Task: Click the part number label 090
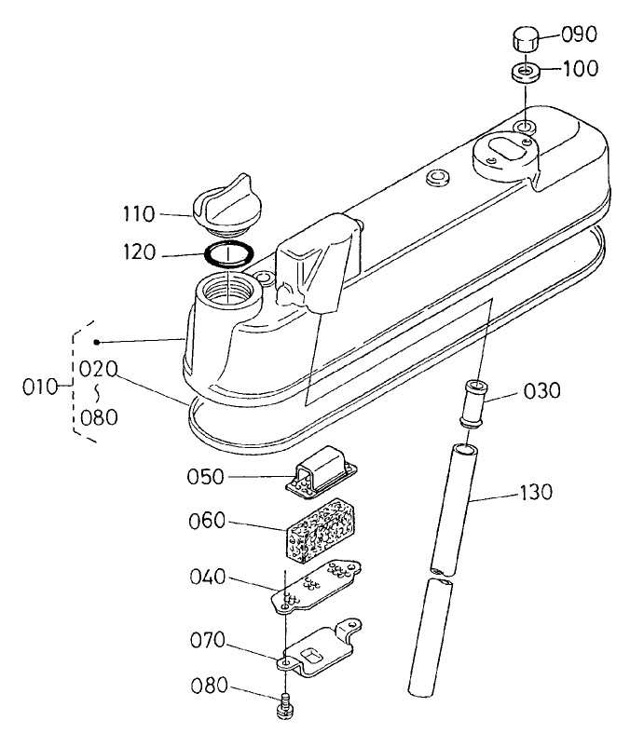pyautogui.click(x=579, y=34)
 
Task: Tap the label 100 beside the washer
pyautogui.click(x=580, y=69)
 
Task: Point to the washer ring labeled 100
pyautogui.click(x=526, y=73)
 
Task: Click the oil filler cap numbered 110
pyautogui.click(x=227, y=206)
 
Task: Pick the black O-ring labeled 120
pyautogui.click(x=229, y=255)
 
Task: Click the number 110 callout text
pyautogui.click(x=139, y=214)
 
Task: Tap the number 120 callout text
pyautogui.click(x=139, y=252)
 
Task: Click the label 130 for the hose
pyautogui.click(x=536, y=493)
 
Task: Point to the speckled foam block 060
pyautogui.click(x=320, y=529)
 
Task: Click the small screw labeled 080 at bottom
pyautogui.click(x=285, y=706)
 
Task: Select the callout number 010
pyautogui.click(x=40, y=387)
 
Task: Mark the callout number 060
pyautogui.click(x=207, y=521)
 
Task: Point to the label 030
pyautogui.click(x=542, y=391)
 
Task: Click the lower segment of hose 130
pyautogui.click(x=430, y=637)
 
